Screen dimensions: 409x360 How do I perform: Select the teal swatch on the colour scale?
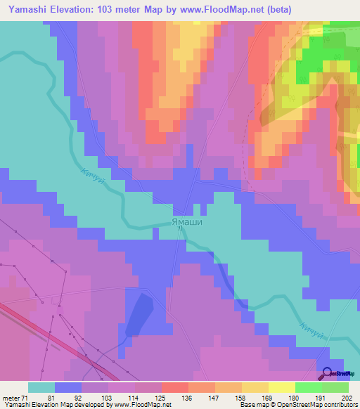[x=41, y=387]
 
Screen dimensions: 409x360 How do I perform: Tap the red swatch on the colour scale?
[x=175, y=387]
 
